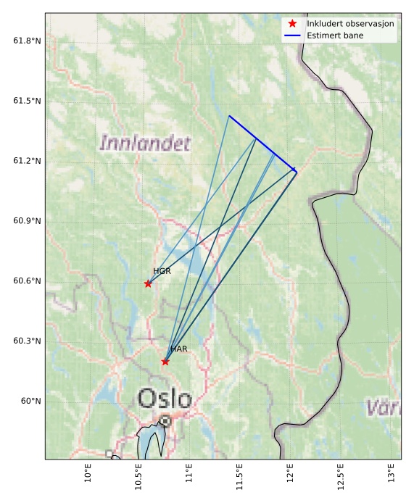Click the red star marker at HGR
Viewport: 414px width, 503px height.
148,283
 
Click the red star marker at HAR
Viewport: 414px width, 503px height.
165,362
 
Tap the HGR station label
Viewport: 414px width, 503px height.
162,271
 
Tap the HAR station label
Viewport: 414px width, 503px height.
179,349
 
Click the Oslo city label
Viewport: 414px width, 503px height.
165,398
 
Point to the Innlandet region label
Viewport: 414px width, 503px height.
145,142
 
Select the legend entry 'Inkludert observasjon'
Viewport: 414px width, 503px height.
350,23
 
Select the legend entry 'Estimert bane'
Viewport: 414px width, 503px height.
335,36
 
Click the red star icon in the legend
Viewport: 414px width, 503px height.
292,23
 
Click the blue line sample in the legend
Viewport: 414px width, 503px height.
292,36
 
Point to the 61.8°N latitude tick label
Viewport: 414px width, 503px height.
27,41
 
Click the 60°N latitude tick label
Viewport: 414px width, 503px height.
30,401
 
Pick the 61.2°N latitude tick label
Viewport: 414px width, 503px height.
27,161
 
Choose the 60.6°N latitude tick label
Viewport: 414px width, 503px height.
27,281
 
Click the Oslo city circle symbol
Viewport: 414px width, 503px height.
165,420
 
